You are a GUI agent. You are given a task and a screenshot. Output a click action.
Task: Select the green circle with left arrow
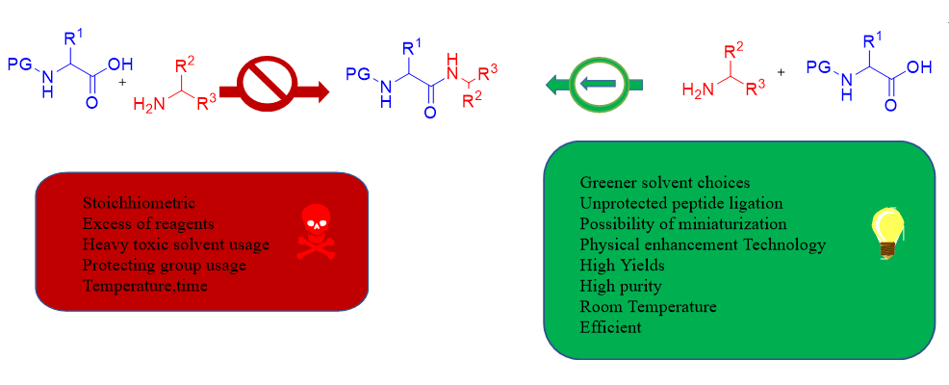coord(599,86)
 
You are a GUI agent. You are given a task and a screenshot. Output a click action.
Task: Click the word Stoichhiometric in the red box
coord(139,203)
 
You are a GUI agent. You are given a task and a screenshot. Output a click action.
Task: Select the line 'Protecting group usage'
coord(165,265)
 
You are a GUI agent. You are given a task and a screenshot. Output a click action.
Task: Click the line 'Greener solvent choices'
coord(664,182)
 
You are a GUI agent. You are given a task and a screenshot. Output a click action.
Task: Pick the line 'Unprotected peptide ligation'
coord(680,203)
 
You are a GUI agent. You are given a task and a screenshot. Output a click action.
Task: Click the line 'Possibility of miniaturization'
coord(684,223)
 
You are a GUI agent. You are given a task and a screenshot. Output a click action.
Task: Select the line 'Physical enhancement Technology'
coord(703,244)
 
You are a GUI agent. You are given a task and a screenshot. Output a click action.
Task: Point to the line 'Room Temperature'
coord(648,306)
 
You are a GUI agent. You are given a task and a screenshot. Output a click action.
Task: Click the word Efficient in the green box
coord(610,327)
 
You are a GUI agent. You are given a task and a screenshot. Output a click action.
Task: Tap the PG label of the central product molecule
coord(357,73)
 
